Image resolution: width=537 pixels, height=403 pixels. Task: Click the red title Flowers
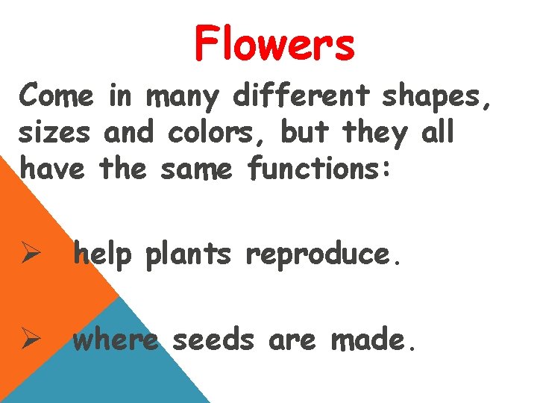click(274, 43)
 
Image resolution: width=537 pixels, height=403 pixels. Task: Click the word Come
click(57, 96)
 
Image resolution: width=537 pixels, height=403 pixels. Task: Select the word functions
click(319, 169)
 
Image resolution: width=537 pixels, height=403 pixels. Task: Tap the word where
click(116, 340)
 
